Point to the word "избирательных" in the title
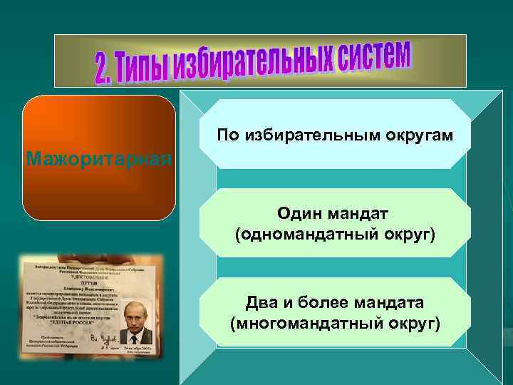point(250,63)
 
